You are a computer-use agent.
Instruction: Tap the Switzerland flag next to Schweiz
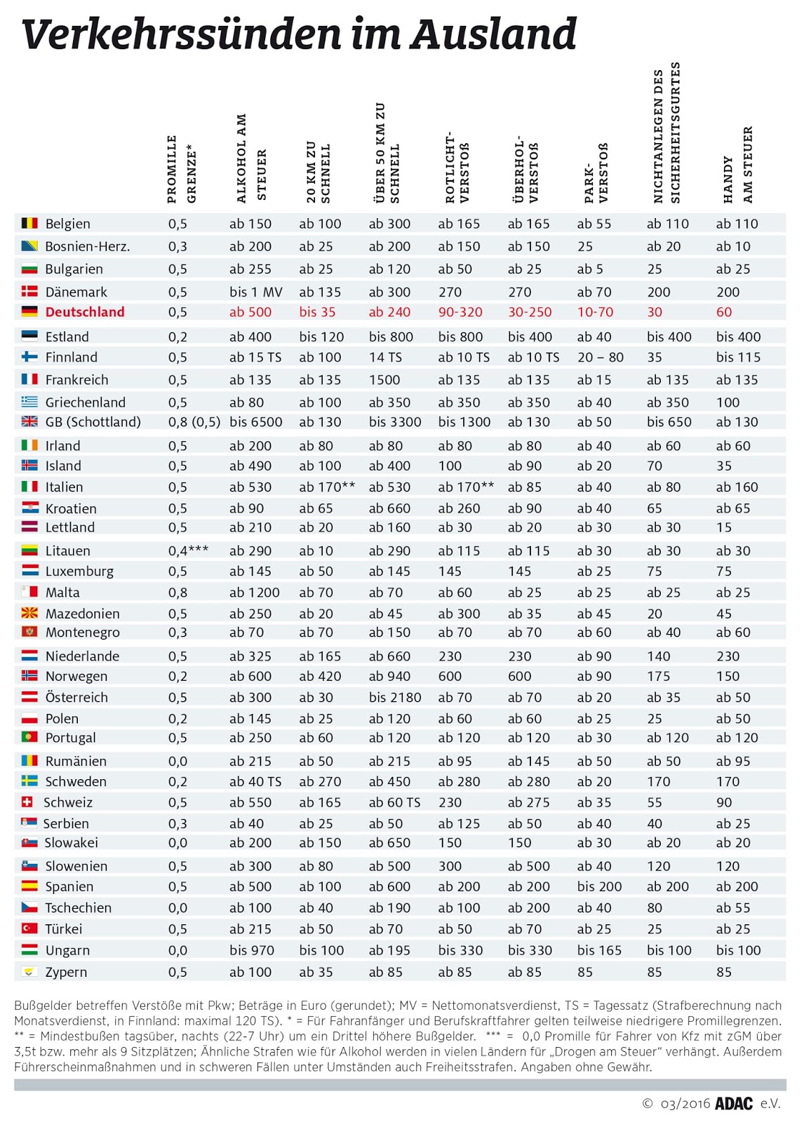tap(28, 802)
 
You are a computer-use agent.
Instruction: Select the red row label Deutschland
tap(85, 312)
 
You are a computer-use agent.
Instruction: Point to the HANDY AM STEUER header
tap(737, 165)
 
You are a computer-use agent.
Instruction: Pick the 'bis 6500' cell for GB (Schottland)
tap(256, 422)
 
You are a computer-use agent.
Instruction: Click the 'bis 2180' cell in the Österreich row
tap(395, 698)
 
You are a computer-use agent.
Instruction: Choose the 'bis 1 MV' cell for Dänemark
tap(256, 292)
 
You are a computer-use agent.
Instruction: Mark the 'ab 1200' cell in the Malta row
tap(255, 593)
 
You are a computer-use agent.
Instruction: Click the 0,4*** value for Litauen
tap(188, 551)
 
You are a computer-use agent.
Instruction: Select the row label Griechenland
tap(86, 403)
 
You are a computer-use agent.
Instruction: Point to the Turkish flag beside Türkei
tap(29, 928)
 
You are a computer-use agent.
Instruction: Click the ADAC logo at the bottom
tap(734, 1103)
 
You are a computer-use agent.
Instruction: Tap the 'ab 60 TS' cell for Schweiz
tap(395, 802)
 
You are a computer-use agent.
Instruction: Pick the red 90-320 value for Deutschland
tap(460, 312)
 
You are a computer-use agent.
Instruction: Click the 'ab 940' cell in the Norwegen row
tap(389, 677)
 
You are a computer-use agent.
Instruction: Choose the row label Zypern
tap(66, 972)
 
